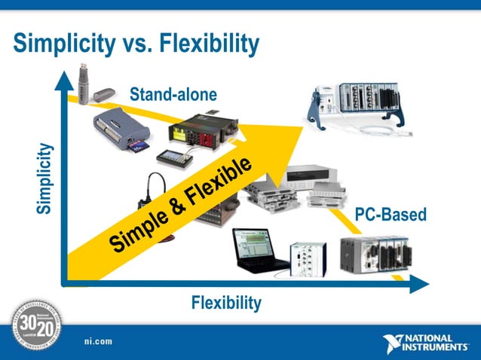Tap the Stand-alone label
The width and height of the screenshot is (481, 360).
173,95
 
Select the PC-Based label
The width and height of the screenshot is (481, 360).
390,215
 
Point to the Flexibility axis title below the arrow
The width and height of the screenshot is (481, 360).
226,303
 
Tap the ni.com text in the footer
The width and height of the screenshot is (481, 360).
98,341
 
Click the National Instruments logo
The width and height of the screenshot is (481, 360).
427,342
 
